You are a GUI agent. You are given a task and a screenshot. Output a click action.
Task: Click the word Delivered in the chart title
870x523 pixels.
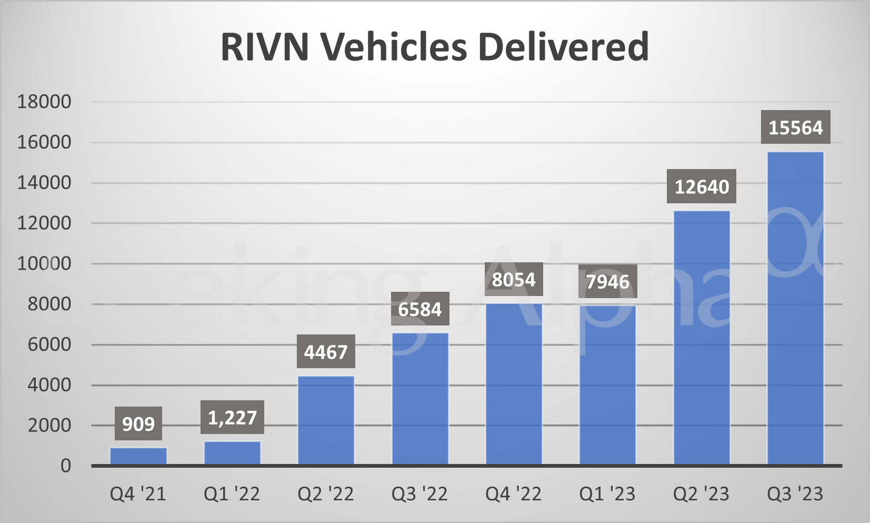pos(563,46)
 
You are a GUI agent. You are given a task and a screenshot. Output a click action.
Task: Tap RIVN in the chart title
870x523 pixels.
pos(265,46)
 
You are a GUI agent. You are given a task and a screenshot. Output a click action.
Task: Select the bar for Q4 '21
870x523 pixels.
pos(138,456)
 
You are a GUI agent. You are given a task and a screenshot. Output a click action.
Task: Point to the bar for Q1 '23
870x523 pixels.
pos(607,384)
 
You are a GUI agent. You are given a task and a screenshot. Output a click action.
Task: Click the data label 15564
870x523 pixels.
pos(795,127)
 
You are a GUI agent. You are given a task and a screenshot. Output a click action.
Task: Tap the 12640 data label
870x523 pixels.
pos(702,186)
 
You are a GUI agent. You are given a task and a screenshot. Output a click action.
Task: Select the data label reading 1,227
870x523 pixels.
pos(232,418)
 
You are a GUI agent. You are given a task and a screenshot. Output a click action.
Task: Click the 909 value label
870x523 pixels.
pos(138,423)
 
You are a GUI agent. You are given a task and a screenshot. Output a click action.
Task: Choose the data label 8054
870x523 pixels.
pos(513,279)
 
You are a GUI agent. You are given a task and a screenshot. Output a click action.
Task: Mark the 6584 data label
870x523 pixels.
pos(419,309)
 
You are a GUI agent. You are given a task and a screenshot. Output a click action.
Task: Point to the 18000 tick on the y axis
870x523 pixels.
pos(44,102)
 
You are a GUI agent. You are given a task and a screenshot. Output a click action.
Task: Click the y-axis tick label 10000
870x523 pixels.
pos(44,263)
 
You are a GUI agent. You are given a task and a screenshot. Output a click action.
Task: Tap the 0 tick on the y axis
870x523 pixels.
pos(65,466)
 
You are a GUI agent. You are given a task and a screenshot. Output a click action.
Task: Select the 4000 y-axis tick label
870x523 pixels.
pos(49,385)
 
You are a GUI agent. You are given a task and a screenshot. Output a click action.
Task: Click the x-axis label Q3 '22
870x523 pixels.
pos(419,494)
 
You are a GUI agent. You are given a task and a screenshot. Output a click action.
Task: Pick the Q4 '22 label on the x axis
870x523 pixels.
pos(513,494)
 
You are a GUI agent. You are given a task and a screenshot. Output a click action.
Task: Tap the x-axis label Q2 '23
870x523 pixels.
pos(701,494)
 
